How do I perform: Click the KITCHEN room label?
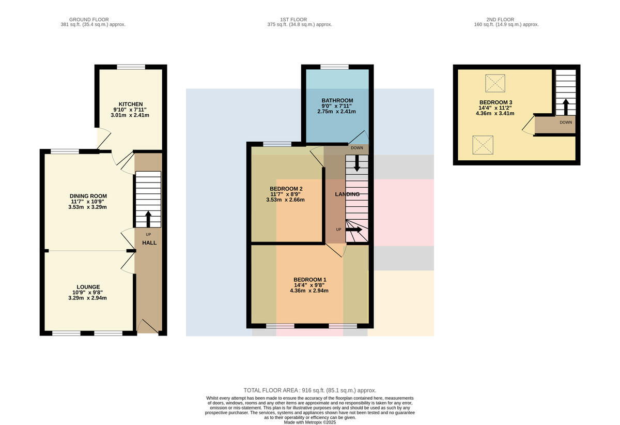(131, 104)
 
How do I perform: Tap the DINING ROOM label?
(88, 196)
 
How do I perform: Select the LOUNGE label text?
(88, 287)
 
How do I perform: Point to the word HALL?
(149, 243)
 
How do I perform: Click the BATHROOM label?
(337, 101)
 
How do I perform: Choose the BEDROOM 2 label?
(286, 189)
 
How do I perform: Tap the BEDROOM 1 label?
(310, 280)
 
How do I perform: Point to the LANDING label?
(347, 194)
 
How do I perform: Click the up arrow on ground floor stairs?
(148, 219)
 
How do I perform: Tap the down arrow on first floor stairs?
(357, 163)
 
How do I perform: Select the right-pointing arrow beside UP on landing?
(354, 230)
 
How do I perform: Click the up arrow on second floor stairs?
(566, 107)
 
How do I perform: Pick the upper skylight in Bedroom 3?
(495, 83)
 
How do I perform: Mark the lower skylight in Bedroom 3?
(483, 145)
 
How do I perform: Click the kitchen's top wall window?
(131, 67)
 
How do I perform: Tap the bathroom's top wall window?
(335, 67)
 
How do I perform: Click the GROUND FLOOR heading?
(89, 20)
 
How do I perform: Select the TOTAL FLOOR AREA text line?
(310, 390)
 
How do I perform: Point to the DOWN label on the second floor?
(566, 122)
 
